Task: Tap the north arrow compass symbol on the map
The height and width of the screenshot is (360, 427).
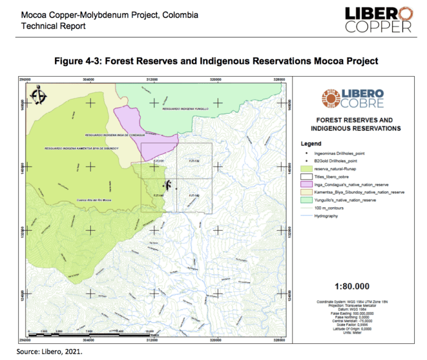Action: point(38,96)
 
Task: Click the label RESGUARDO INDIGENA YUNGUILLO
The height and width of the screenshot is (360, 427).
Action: point(185,109)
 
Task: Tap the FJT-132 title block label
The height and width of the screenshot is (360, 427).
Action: point(194,161)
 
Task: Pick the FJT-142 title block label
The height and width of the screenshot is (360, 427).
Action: point(194,196)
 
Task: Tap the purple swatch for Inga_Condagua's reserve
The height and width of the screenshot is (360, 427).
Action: point(305,183)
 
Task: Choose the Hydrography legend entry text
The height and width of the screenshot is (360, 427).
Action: point(326,216)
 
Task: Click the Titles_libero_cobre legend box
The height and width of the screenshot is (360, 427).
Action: point(305,175)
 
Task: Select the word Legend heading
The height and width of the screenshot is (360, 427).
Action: point(310,143)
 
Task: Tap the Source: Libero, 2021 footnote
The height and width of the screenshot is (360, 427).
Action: point(49,352)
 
